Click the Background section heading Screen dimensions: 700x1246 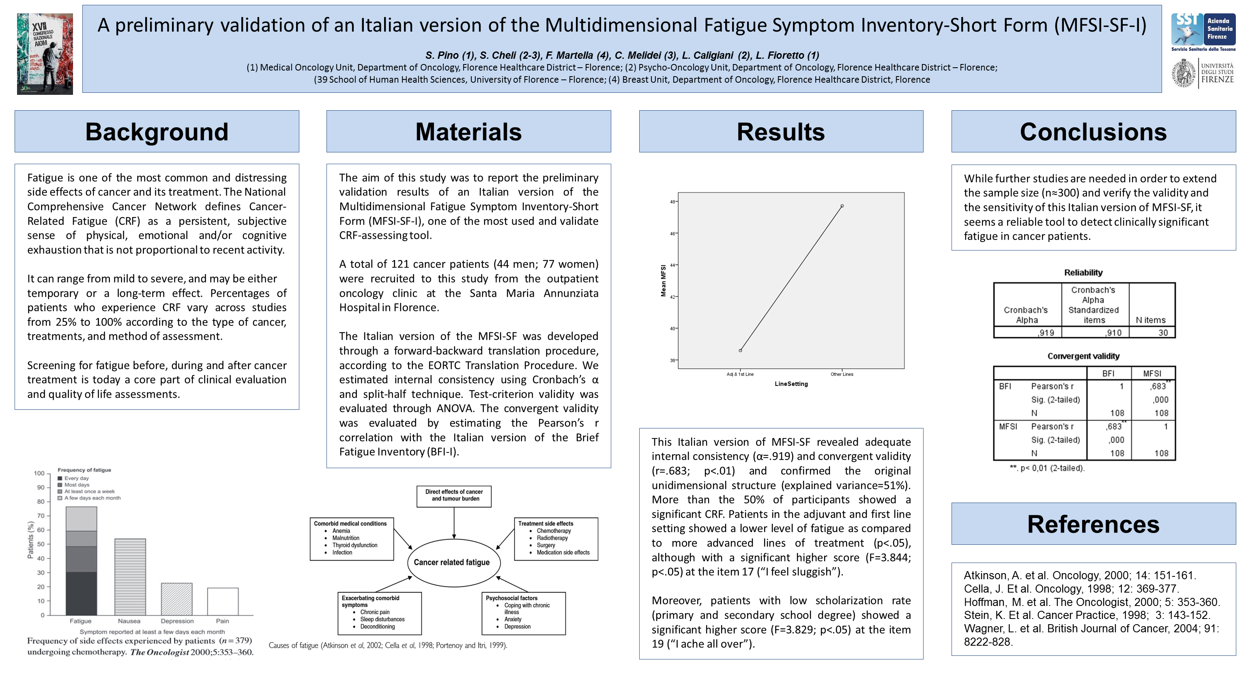(x=157, y=131)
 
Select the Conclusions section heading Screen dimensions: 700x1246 (x=1093, y=131)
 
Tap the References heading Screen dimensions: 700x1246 (x=1093, y=524)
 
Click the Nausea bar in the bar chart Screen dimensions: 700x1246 (x=130, y=576)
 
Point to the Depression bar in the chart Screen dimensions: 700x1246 (x=176, y=599)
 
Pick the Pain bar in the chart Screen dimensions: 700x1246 (x=223, y=602)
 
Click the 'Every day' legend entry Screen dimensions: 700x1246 (x=76, y=478)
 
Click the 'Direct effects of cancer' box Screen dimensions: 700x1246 (x=454, y=495)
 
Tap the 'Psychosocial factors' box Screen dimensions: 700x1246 (x=523, y=612)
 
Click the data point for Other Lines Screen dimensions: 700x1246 (x=842, y=206)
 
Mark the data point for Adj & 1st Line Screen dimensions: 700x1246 (x=740, y=351)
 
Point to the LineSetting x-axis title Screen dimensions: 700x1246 (x=791, y=384)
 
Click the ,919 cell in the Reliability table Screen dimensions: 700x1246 (x=1046, y=333)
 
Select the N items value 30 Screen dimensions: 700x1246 (x=1163, y=333)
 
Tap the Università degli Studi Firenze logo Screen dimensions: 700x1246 (x=1203, y=73)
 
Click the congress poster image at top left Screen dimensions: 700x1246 (x=45, y=54)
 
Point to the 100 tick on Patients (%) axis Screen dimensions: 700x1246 (x=39, y=473)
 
